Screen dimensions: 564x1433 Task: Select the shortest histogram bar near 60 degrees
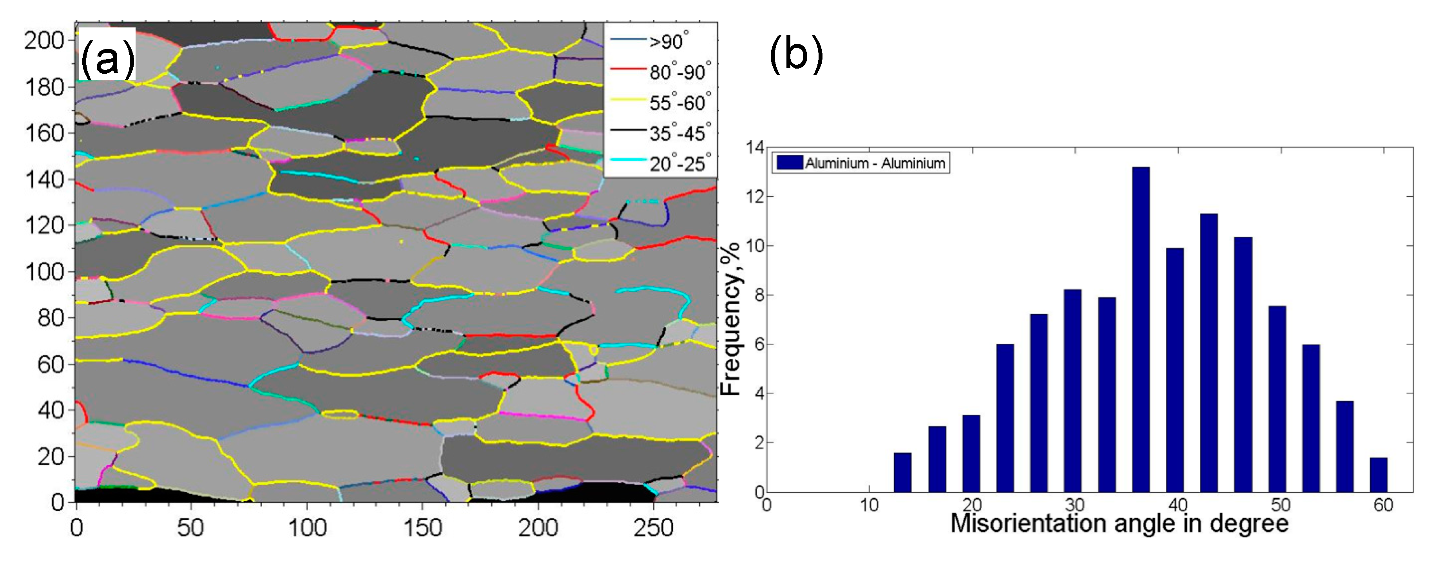1379,475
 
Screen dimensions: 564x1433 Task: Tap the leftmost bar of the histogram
902,473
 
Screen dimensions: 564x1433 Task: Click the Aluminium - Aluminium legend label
875,163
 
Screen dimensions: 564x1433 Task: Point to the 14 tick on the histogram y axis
754,148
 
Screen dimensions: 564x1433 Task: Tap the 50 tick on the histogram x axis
1280,505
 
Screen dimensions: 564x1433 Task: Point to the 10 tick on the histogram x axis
869,505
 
